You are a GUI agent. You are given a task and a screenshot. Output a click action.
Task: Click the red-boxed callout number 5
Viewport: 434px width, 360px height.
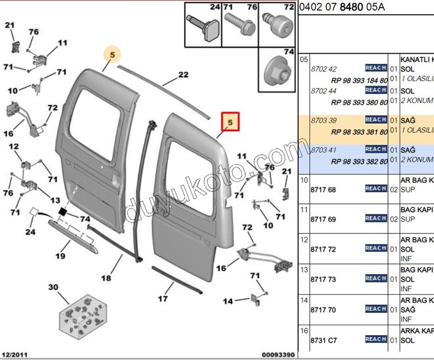(230, 123)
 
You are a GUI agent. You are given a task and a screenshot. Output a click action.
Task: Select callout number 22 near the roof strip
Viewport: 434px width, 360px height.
(183, 75)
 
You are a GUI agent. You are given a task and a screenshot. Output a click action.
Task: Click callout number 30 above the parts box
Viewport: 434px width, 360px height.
(54, 287)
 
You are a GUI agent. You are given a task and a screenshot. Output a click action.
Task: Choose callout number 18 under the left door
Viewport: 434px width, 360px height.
(106, 278)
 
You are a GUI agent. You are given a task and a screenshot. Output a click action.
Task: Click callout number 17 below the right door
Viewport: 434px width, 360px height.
(162, 298)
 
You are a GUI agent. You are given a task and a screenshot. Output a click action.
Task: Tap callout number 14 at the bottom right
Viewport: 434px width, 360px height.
(228, 301)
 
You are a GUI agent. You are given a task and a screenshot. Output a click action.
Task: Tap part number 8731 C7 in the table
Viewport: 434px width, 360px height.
(323, 340)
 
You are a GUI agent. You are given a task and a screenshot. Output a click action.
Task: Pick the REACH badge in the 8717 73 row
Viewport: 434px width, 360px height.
(376, 278)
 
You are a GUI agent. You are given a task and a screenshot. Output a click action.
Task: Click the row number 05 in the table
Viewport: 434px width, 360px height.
(304, 60)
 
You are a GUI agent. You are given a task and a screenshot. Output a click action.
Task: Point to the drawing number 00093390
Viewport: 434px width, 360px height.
(278, 354)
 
